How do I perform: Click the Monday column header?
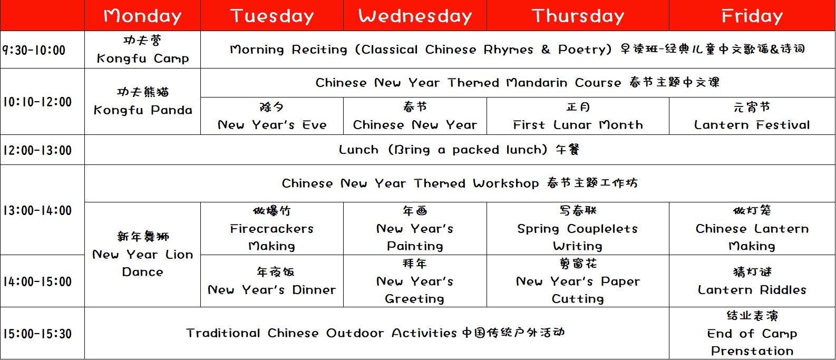[x=142, y=16]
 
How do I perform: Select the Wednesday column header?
[x=415, y=16]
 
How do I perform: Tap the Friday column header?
[x=752, y=16]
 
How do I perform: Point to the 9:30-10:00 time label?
[x=34, y=50]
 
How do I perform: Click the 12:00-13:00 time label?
[x=37, y=150]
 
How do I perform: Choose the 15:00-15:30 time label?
[x=37, y=334]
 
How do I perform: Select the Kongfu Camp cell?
[x=142, y=50]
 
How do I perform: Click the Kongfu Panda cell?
[x=142, y=102]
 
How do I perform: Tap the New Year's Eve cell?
[x=272, y=116]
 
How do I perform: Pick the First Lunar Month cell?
[x=578, y=116]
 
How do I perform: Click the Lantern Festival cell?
[x=752, y=116]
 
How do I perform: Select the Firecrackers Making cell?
[x=272, y=229]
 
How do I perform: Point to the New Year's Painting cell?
[x=415, y=229]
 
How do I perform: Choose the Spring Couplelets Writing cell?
[x=578, y=229]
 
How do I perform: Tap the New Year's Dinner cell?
[x=272, y=281]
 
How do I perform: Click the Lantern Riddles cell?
[x=752, y=281]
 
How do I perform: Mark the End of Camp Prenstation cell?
[x=752, y=334]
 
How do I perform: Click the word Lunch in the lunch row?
[x=358, y=150]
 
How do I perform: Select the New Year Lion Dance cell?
[x=142, y=255]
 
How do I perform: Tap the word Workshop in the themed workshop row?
[x=506, y=183]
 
